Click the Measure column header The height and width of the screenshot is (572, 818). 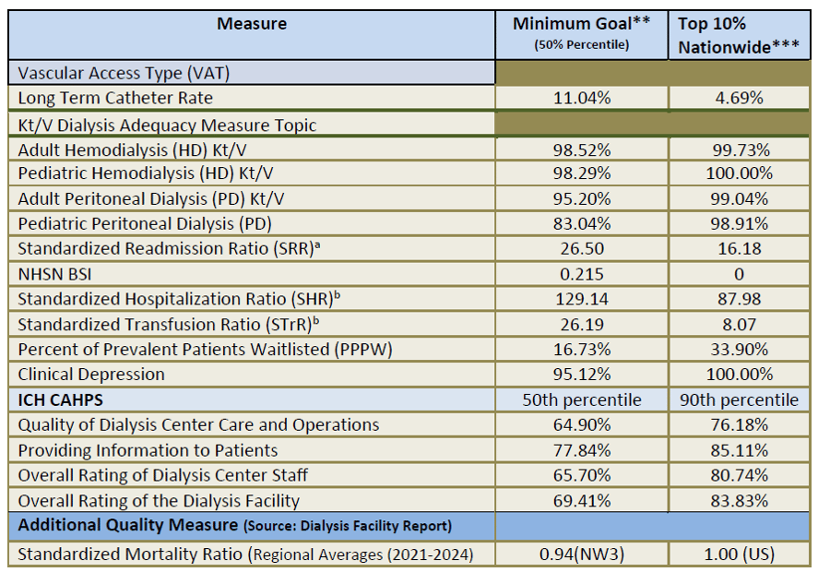click(x=251, y=24)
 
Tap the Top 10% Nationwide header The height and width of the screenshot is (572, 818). click(x=736, y=35)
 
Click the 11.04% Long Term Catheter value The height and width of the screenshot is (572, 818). click(x=581, y=98)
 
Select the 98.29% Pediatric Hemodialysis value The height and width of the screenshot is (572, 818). click(x=581, y=173)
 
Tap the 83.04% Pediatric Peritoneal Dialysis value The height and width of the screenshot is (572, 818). click(x=581, y=223)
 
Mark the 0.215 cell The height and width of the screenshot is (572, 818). click(x=581, y=274)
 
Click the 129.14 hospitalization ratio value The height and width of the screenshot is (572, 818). click(x=581, y=299)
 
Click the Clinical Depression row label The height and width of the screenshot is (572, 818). click(x=91, y=375)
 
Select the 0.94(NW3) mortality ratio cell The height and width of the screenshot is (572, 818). click(x=581, y=554)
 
